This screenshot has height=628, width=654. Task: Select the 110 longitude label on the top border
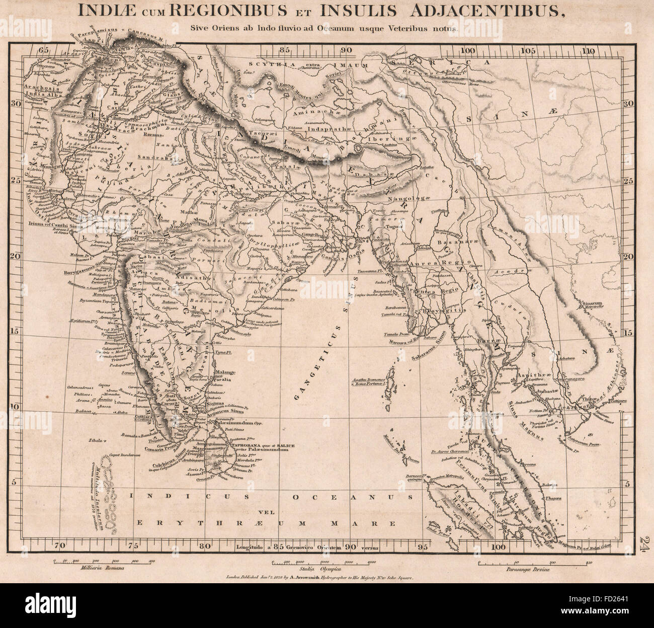pos(588,50)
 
